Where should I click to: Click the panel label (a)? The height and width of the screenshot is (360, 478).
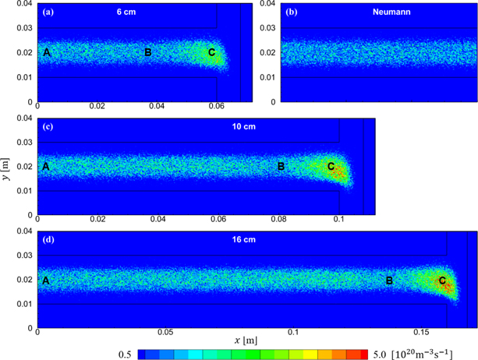click(x=49, y=12)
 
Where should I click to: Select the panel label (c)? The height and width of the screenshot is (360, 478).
click(x=49, y=126)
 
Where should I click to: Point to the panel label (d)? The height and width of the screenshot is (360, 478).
click(x=49, y=239)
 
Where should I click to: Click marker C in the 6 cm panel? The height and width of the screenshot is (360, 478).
click(x=211, y=52)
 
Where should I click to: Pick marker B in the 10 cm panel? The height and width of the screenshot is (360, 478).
click(x=281, y=166)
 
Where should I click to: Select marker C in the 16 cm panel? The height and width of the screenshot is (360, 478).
click(x=442, y=281)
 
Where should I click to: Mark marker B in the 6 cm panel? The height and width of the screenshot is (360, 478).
click(x=147, y=52)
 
